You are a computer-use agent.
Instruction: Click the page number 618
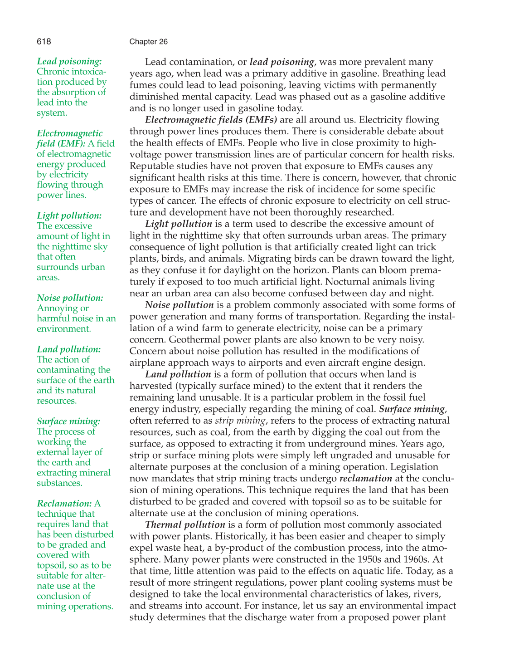tap(44, 42)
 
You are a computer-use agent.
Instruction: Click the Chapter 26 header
tap(148, 42)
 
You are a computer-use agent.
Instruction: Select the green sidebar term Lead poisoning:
tap(69, 61)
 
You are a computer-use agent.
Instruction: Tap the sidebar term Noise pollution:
tap(70, 298)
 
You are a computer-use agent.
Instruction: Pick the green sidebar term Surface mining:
tap(68, 421)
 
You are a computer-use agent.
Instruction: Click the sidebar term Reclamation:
tap(64, 503)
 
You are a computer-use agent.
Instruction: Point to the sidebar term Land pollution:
tap(68, 349)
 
